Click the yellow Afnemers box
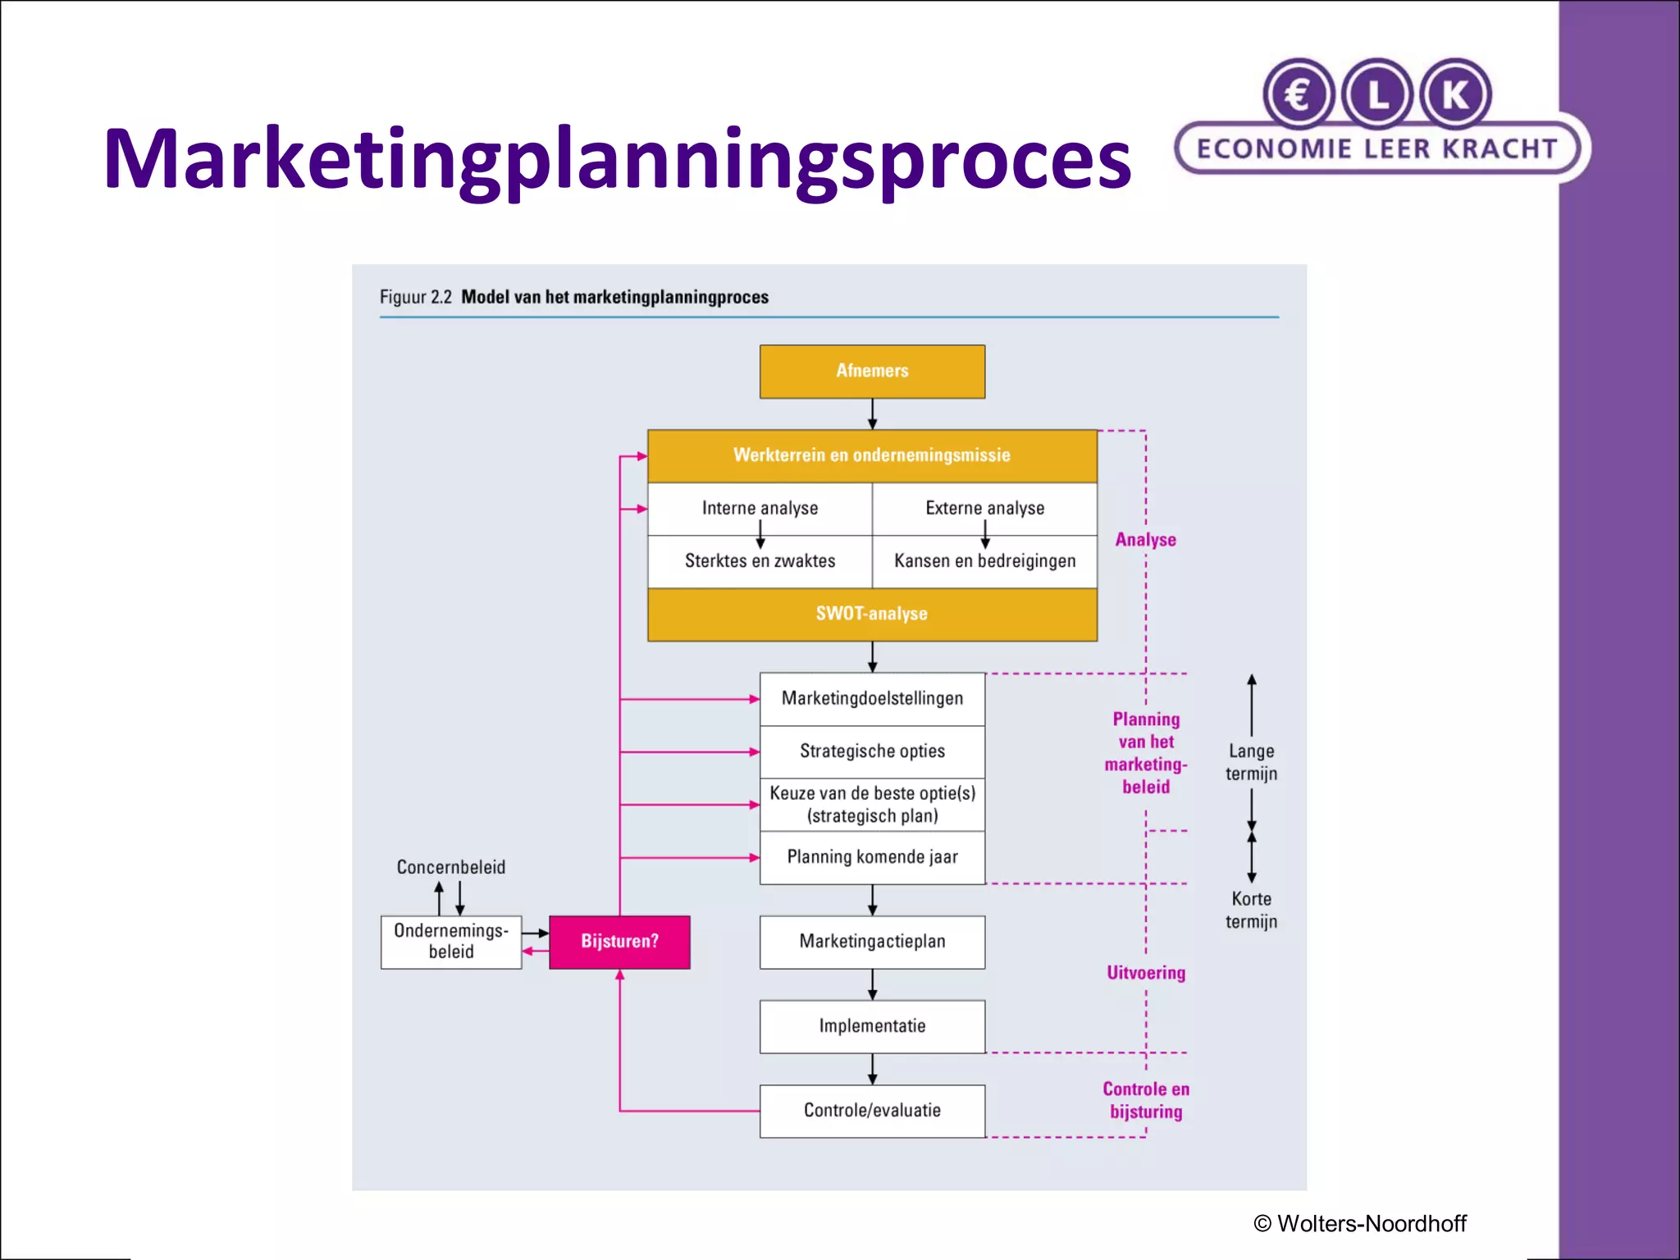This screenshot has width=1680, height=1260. tap(872, 372)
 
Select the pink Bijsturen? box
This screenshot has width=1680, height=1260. tap(619, 942)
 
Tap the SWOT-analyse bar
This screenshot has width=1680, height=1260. tap(872, 614)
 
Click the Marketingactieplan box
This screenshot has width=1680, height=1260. tap(872, 942)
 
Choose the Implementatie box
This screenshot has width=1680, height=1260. tap(872, 1026)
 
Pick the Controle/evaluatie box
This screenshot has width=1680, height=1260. tap(872, 1111)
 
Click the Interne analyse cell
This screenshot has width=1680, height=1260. tap(760, 509)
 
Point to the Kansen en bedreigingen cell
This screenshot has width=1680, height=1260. tap(984, 561)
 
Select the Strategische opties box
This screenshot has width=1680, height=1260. tap(872, 751)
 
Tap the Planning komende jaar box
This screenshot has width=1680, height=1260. tap(872, 857)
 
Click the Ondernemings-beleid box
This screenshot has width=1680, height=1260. tap(451, 942)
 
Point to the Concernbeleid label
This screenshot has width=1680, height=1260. tap(451, 867)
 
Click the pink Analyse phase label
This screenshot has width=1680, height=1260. tap(1145, 540)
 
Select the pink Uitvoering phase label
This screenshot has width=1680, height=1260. tap(1146, 973)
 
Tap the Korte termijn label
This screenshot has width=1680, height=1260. tap(1251, 911)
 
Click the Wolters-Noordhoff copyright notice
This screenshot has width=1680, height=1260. tap(1360, 1224)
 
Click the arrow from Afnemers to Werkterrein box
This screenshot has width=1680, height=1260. tap(872, 414)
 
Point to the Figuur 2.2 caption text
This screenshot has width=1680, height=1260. tap(573, 297)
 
